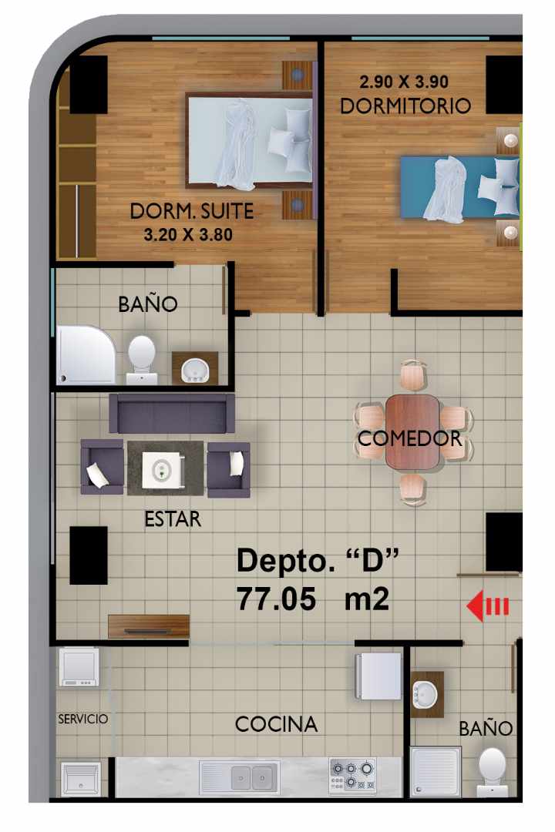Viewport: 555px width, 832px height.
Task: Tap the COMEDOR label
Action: [x=410, y=439]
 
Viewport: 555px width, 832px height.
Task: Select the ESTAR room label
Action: [x=173, y=519]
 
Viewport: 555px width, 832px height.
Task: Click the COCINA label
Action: [x=276, y=724]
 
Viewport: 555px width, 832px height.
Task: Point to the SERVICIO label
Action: [x=83, y=719]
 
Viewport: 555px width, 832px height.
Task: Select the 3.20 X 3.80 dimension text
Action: [x=188, y=234]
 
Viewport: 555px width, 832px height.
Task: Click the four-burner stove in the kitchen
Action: [x=353, y=773]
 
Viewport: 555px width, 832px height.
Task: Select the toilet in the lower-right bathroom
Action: [x=492, y=770]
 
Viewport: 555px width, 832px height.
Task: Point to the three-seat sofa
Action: [x=171, y=413]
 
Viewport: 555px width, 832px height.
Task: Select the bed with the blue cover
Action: [x=459, y=187]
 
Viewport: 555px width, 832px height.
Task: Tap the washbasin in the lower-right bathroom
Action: [x=425, y=693]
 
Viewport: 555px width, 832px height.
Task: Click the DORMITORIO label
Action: [x=405, y=106]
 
